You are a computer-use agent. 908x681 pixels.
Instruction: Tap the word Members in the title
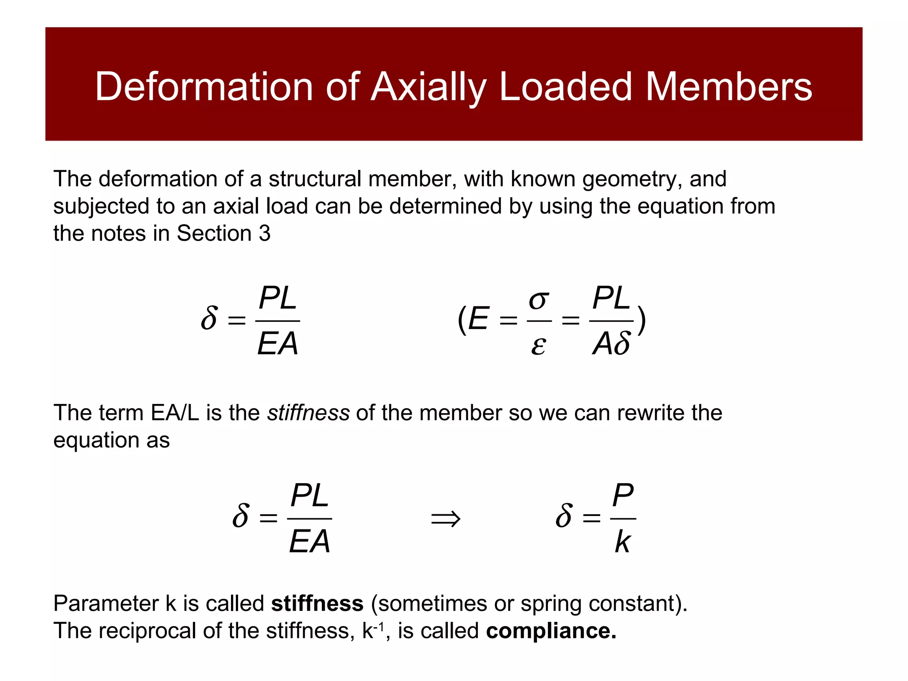coord(728,86)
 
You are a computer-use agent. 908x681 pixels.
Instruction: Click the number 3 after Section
coord(265,233)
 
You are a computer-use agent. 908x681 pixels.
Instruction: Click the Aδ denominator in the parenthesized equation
coord(611,344)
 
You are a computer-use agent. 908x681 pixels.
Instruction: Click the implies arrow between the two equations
coord(446,518)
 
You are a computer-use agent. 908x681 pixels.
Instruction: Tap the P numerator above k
coord(623,495)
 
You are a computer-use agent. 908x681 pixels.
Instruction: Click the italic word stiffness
coord(309,413)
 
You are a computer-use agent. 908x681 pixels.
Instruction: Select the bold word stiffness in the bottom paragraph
coord(317,603)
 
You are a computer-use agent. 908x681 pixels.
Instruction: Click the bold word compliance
coord(551,631)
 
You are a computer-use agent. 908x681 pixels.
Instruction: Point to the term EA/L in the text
coord(175,413)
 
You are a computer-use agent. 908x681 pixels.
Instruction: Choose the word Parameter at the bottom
coord(106,603)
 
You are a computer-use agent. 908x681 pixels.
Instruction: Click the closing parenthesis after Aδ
coord(641,320)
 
